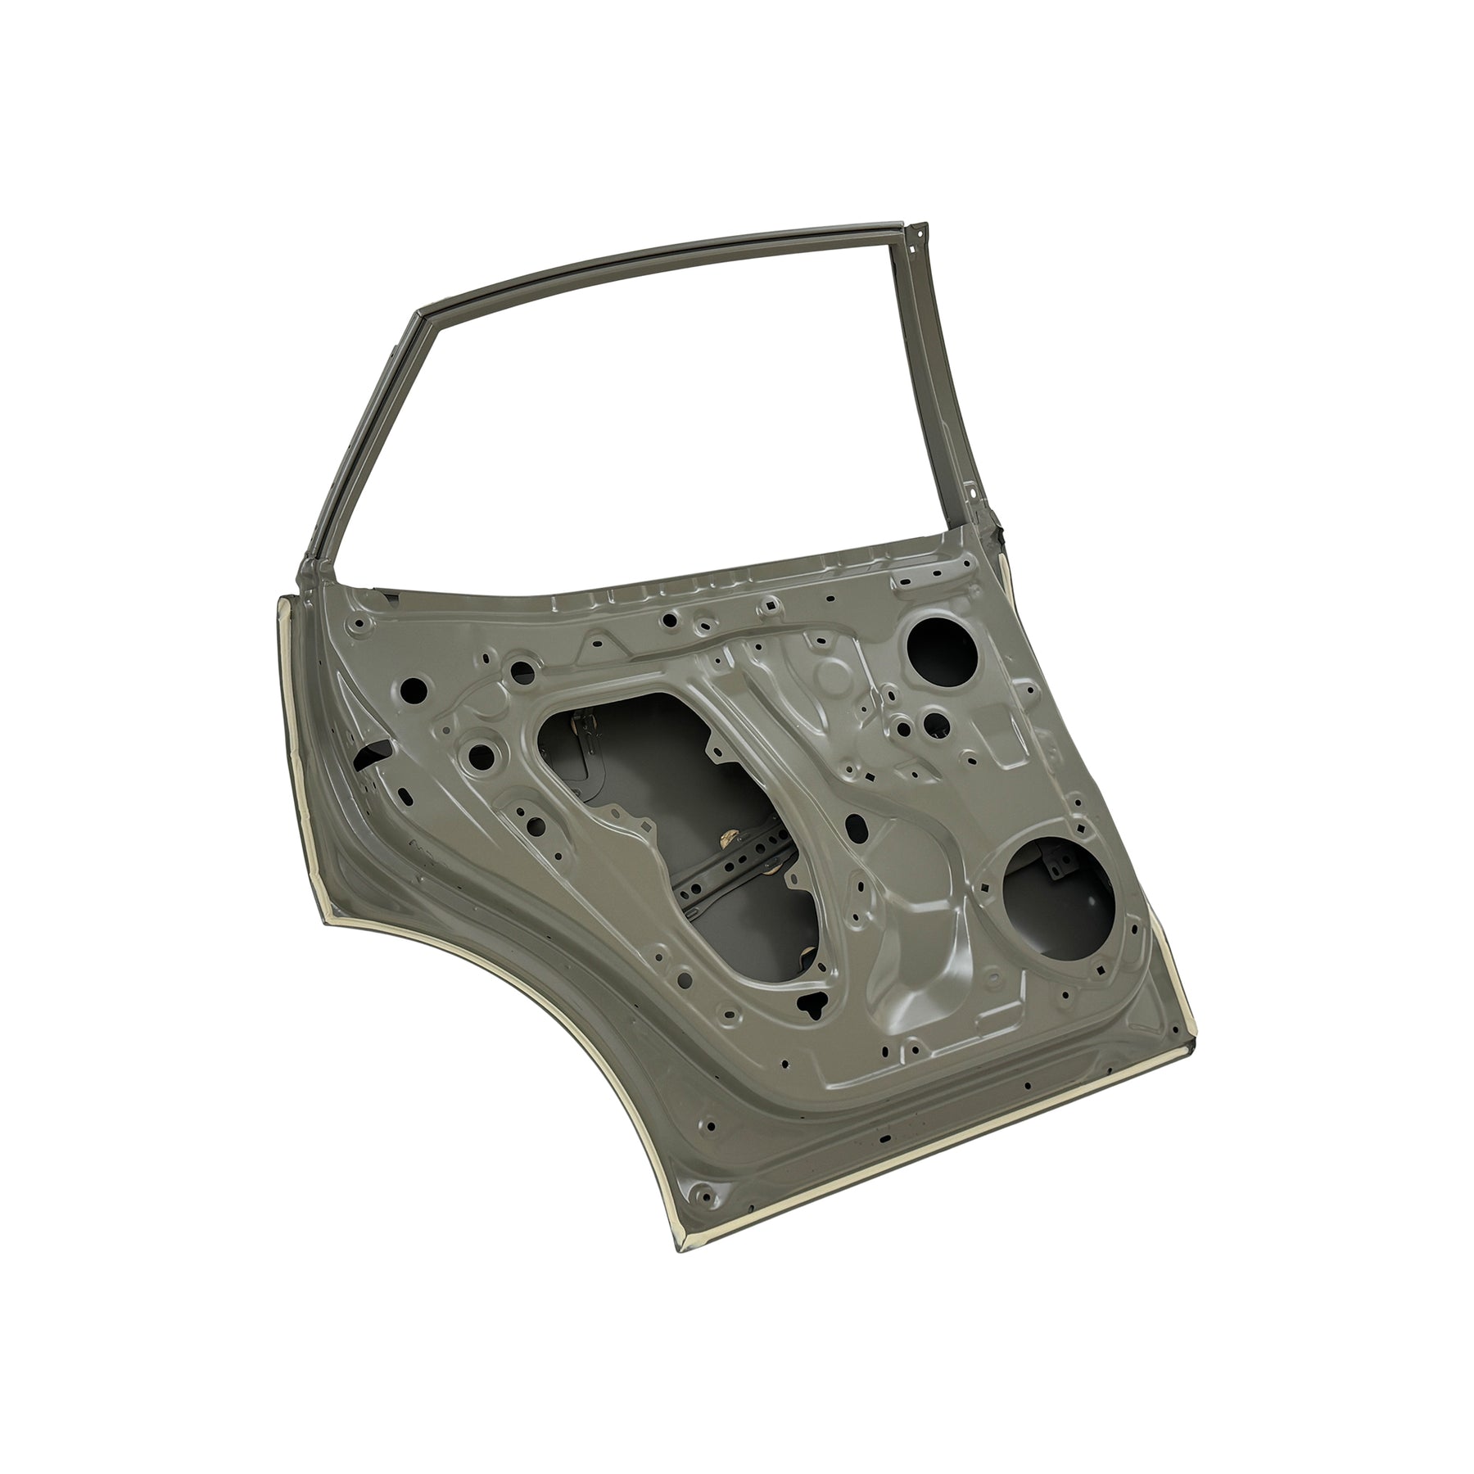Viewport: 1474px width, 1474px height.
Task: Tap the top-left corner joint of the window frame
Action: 419,314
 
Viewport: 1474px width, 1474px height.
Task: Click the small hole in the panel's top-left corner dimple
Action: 358,626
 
